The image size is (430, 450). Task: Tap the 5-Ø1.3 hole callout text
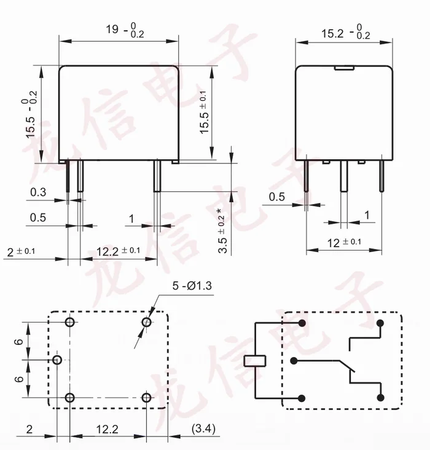pos(192,286)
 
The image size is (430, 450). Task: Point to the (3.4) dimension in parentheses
pos(203,428)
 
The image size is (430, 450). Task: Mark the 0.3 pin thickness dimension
pos(38,192)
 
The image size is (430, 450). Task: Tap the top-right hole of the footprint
pos(147,322)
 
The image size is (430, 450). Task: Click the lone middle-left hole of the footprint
pos(57,360)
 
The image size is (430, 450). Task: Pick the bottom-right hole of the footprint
pos(147,397)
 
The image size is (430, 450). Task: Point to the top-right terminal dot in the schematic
pos(381,323)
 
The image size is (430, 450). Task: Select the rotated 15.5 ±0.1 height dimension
pos(203,111)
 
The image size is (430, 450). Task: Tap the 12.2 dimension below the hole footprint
pos(107,428)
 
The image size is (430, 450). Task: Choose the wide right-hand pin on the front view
pos(157,176)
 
